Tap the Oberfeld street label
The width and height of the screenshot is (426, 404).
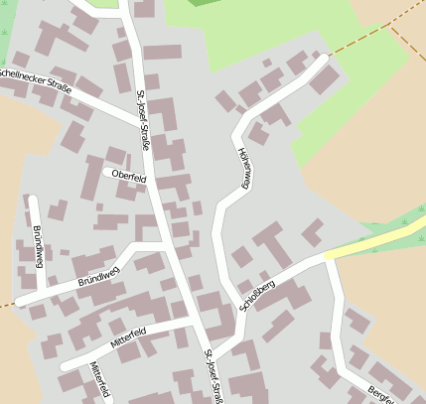coord(129,177)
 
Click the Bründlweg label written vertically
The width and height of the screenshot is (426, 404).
coord(38,245)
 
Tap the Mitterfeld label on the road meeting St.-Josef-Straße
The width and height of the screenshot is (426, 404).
coord(129,336)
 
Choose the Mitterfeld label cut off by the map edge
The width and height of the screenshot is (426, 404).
coord(99,381)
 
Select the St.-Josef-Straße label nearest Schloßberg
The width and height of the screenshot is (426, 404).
coord(211,375)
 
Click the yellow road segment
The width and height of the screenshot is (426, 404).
coord(377,241)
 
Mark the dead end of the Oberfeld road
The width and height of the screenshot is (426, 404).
coord(106,171)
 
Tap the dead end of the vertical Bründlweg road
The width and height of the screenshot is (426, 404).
coord(32,199)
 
